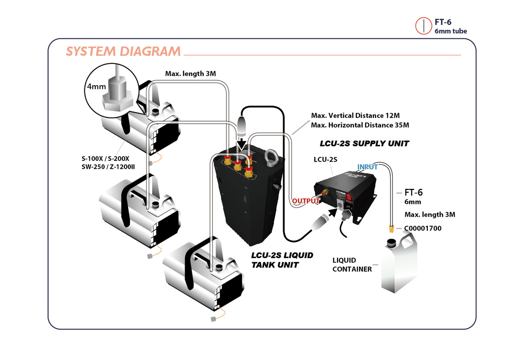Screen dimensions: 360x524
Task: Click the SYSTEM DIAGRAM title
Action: click(123, 51)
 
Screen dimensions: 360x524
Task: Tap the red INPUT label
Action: click(368, 167)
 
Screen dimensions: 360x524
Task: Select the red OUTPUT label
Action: click(305, 201)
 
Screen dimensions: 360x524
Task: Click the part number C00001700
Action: click(423, 229)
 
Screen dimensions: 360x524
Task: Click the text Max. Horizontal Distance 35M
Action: click(360, 125)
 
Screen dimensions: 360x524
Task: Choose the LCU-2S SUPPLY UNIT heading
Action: click(364, 144)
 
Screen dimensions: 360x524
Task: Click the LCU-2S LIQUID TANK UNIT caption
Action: click(282, 260)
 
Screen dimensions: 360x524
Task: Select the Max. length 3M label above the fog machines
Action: click(190, 74)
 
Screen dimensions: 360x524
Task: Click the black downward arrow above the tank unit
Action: click(242, 144)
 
